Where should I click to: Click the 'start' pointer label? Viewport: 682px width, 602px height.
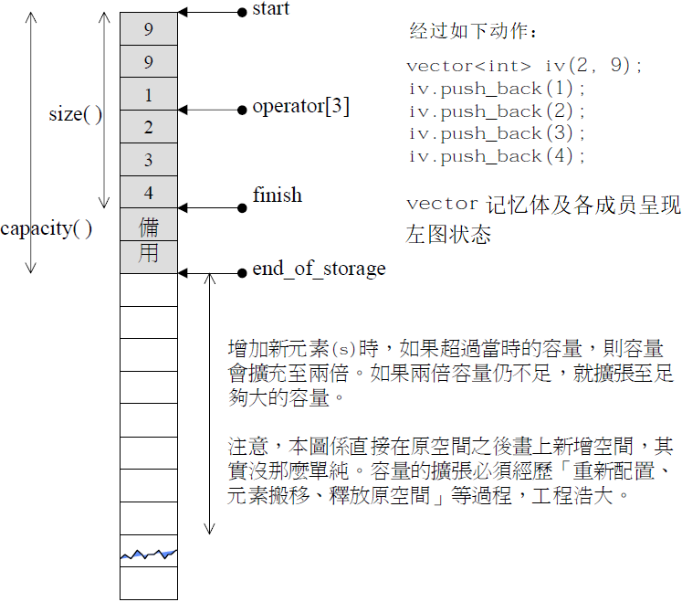[270, 9]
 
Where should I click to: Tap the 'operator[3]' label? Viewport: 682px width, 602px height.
[301, 106]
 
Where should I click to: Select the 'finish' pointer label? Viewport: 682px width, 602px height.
[278, 195]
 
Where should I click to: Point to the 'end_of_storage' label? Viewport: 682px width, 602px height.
[319, 269]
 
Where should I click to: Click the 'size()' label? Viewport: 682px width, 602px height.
[75, 114]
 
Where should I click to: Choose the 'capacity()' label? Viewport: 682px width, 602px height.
[46, 228]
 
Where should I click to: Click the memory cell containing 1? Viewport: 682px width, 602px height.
[149, 94]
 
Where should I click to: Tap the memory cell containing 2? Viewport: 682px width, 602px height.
[149, 127]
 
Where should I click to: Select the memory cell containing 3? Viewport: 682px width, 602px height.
[149, 160]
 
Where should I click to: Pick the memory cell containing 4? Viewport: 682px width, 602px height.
[149, 193]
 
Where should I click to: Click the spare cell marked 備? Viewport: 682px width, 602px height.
[149, 225]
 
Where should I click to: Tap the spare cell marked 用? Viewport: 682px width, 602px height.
[149, 257]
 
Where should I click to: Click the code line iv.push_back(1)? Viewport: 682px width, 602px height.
[497, 89]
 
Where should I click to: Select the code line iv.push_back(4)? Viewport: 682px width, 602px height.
[497, 156]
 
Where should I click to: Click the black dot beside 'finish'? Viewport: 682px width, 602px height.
[242, 208]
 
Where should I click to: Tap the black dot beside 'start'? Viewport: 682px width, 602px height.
[242, 13]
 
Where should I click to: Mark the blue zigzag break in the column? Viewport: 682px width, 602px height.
[149, 554]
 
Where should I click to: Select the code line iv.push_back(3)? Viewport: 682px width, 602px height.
[497, 133]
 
